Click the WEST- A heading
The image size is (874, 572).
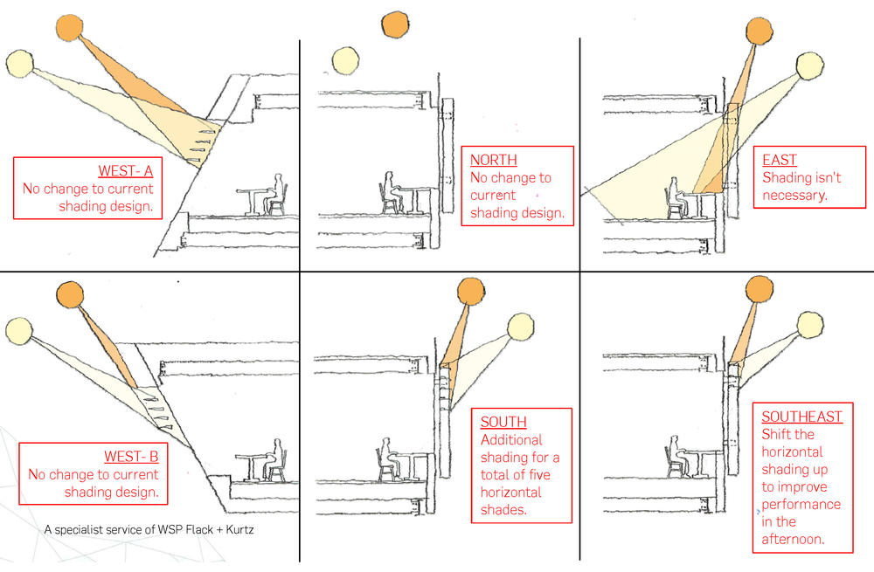pos(125,170)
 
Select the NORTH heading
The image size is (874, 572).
pos(494,160)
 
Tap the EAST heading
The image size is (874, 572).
pos(780,160)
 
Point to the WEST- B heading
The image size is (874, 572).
pos(131,456)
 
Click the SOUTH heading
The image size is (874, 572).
pos(503,422)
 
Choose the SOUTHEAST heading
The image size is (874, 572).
pos(802,417)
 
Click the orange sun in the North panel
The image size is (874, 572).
pos(395,24)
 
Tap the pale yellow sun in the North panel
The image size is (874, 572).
pos(345,61)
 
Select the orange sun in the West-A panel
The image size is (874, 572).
pos(69,27)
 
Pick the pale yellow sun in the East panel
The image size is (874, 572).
pos(810,66)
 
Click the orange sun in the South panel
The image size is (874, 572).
pos(470,292)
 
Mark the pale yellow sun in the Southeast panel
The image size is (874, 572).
pos(810,325)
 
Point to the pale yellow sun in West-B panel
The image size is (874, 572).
pos(19,330)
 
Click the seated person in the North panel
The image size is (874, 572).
pos(389,193)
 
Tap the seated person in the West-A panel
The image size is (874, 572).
pos(275,194)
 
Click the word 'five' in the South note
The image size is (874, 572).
pos(538,474)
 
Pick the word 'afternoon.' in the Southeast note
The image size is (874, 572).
pos(793,539)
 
